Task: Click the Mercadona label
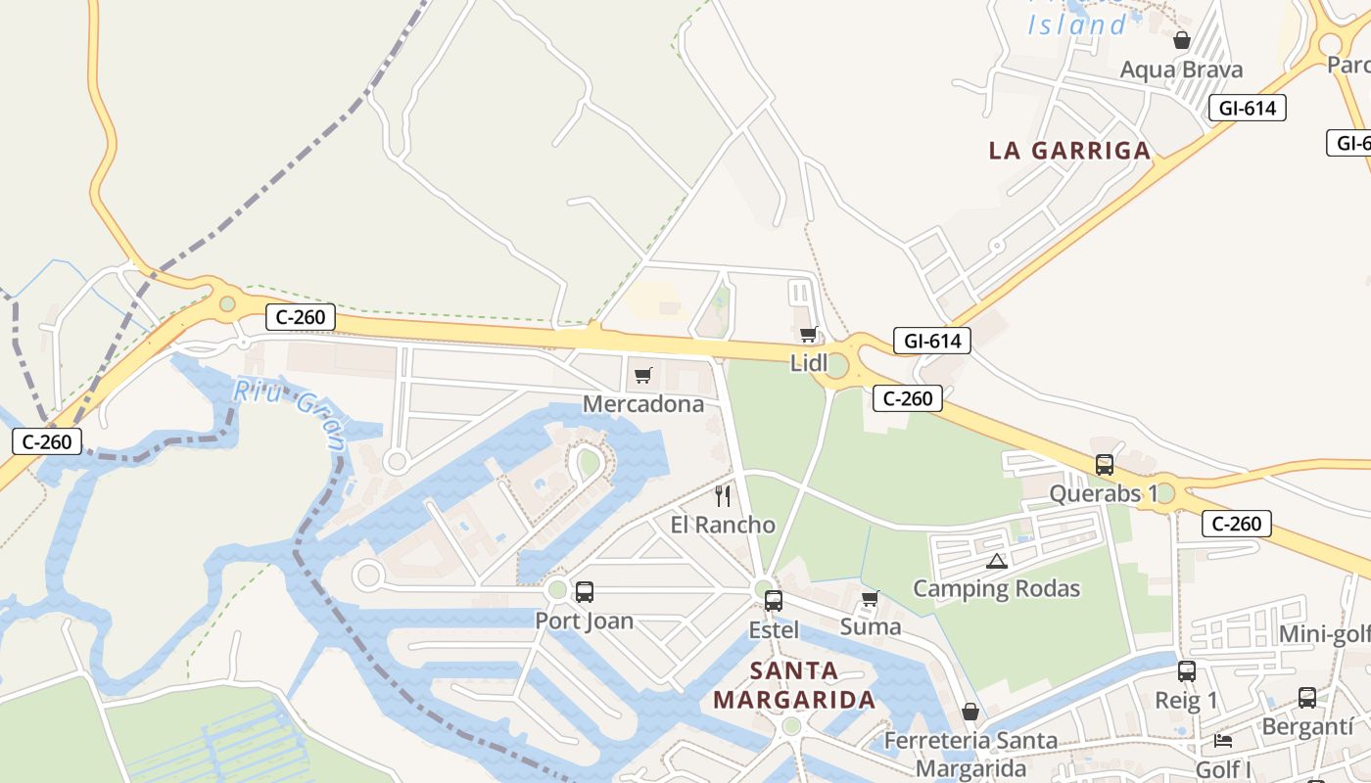click(x=643, y=404)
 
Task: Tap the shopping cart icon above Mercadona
click(x=643, y=375)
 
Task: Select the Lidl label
click(x=809, y=363)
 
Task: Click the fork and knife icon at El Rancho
click(x=723, y=496)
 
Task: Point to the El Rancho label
click(x=723, y=525)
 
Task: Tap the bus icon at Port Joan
click(x=585, y=592)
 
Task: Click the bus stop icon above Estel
click(x=774, y=600)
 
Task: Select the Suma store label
click(x=871, y=626)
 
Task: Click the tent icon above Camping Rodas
click(x=997, y=561)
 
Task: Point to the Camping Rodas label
click(x=997, y=588)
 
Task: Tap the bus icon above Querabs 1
click(x=1105, y=465)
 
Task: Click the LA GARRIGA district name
click(x=1069, y=151)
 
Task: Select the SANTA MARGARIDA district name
click(x=794, y=685)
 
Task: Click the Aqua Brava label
click(x=1181, y=69)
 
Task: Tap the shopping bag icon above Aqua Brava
click(x=1182, y=40)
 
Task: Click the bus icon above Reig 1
click(x=1187, y=671)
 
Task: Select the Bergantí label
click(x=1307, y=727)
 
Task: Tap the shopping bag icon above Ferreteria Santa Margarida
click(x=970, y=712)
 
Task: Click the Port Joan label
click(x=585, y=621)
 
